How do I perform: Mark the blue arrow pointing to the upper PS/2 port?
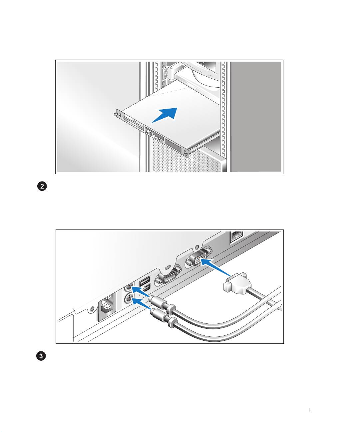[x=141, y=290]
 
